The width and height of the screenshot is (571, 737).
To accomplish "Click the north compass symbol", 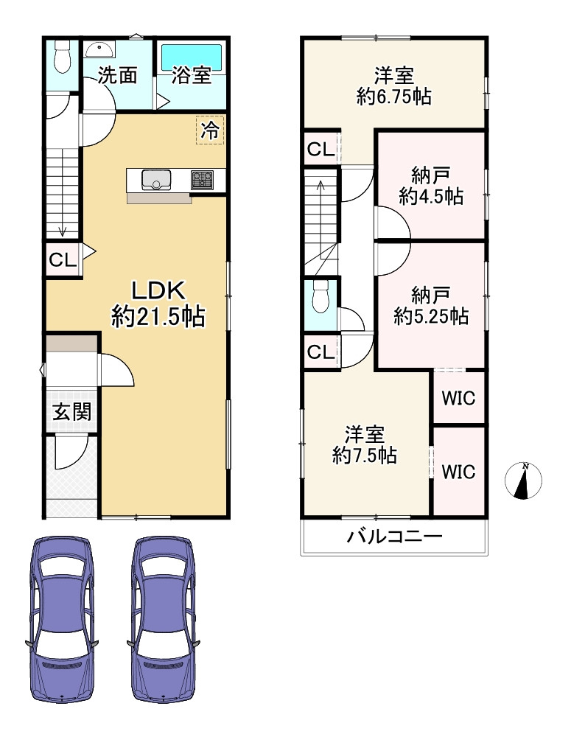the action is pyautogui.click(x=523, y=481).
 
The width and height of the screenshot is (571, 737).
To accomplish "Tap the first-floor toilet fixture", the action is pyautogui.click(x=61, y=56).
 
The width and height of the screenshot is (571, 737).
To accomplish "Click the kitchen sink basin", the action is pyautogui.click(x=156, y=180).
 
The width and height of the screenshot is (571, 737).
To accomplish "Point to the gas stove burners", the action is pyautogui.click(x=202, y=180).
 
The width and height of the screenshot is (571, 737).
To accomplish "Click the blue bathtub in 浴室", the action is pyautogui.click(x=191, y=57).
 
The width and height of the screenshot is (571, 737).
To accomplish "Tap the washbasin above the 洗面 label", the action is pyautogui.click(x=98, y=49).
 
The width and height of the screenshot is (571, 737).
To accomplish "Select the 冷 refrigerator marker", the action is pyautogui.click(x=209, y=130).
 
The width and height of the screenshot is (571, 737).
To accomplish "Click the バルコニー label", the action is pyautogui.click(x=394, y=537).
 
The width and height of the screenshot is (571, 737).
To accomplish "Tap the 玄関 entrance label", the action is pyautogui.click(x=71, y=412).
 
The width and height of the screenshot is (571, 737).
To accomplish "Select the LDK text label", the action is pyautogui.click(x=158, y=291).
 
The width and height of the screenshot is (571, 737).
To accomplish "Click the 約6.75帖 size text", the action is pyautogui.click(x=394, y=97).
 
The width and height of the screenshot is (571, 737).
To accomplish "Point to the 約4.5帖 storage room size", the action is pyautogui.click(x=431, y=196).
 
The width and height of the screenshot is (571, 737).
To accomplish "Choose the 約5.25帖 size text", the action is pyautogui.click(x=431, y=316).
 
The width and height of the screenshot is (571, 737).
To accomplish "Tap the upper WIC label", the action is pyautogui.click(x=459, y=398).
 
